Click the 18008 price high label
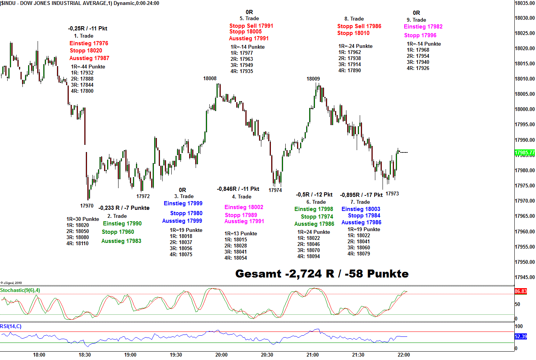click(210, 79)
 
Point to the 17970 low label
click(87, 206)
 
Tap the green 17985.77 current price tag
click(524, 153)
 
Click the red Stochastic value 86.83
click(521, 292)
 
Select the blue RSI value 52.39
click(521, 336)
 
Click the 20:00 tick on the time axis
click(221, 355)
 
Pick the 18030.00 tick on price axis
click(525, 18)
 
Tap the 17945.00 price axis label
click(525, 277)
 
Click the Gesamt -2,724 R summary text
click(322, 274)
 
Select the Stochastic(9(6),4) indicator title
click(20, 290)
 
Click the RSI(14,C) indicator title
click(11, 327)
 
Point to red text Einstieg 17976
click(89, 43)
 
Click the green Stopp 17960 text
click(118, 232)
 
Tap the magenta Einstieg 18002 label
click(243, 207)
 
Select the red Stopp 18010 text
click(353, 33)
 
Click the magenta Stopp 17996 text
click(420, 35)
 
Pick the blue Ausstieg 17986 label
click(361, 222)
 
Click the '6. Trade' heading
click(316, 202)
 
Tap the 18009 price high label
click(313, 79)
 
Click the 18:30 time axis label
click(85, 355)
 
